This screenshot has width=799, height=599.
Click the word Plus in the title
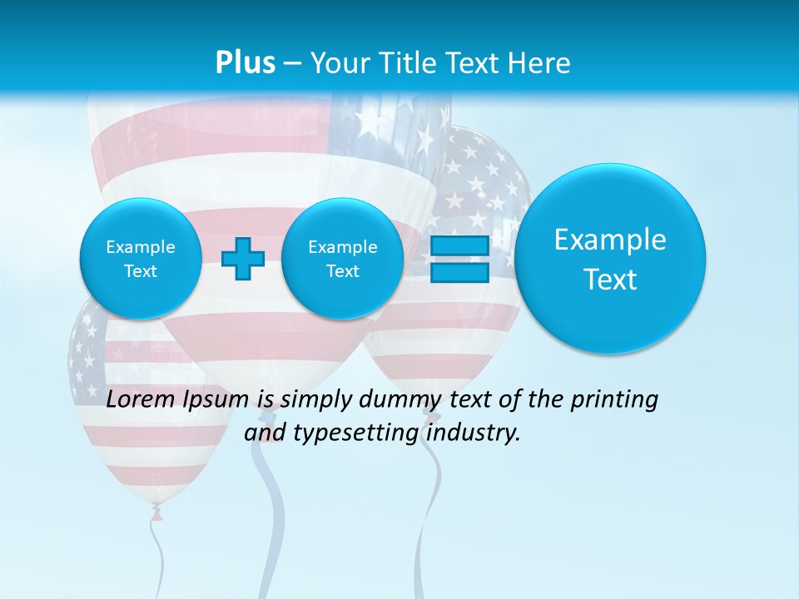point(245,62)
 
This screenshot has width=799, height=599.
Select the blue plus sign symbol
point(243,259)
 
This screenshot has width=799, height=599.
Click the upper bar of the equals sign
point(459,246)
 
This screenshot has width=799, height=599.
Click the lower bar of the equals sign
point(459,272)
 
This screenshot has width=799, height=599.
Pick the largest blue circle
point(610,259)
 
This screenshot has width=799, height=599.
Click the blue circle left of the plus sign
point(141,259)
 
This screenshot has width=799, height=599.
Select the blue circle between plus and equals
point(342,259)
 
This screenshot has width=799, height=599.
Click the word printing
point(613,400)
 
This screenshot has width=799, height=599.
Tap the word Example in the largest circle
point(610,240)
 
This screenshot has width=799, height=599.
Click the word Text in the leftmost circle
point(141,271)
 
